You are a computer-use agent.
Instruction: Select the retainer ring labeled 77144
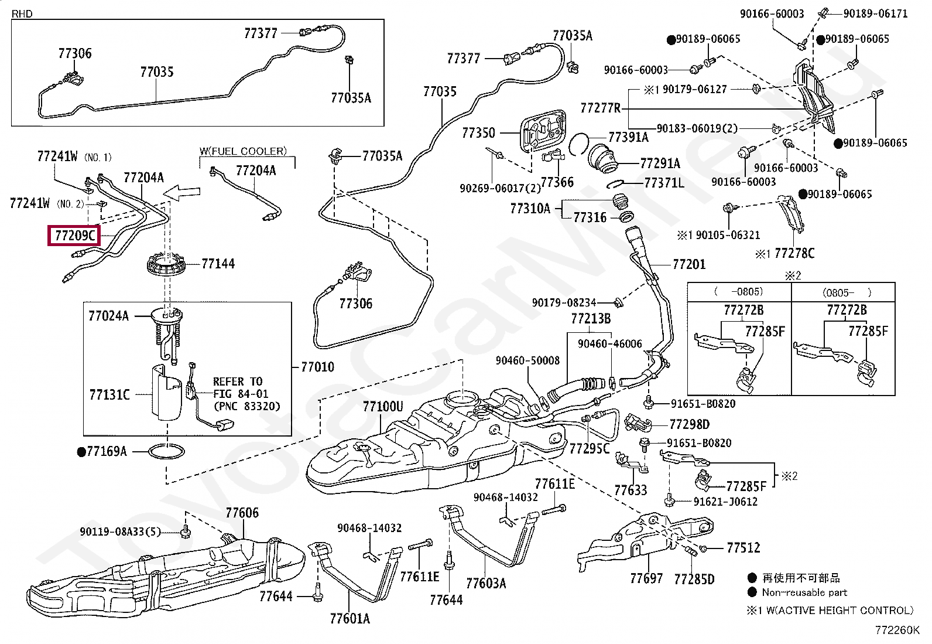(166, 265)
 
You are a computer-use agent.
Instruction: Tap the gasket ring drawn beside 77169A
(166, 451)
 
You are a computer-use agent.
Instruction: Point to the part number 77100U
(383, 407)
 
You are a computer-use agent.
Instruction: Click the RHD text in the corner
(22, 13)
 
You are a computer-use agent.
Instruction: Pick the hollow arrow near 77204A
(181, 192)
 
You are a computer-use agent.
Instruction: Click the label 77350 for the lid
(478, 133)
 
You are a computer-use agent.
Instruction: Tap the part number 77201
(689, 264)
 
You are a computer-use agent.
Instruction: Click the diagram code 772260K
(897, 630)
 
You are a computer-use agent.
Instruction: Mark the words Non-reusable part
(804, 592)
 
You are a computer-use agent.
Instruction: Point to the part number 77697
(646, 578)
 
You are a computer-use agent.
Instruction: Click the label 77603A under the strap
(486, 583)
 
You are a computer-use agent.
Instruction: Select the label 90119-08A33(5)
(120, 532)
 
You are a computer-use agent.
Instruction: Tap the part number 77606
(242, 513)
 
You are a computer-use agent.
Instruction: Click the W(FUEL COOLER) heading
(243, 151)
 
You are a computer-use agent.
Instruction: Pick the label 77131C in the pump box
(109, 394)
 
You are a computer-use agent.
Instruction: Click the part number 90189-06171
(875, 13)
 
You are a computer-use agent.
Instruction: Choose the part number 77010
(317, 367)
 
